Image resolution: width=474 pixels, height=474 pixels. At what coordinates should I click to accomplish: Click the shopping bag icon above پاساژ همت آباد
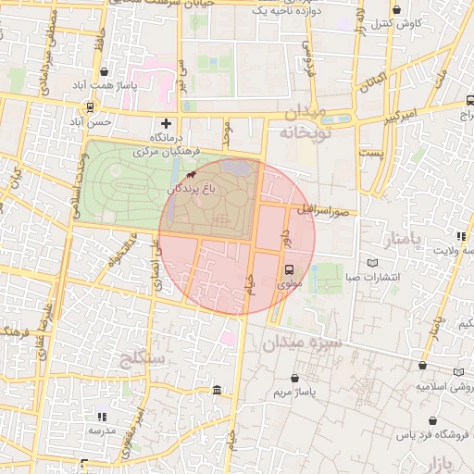[x=104, y=71]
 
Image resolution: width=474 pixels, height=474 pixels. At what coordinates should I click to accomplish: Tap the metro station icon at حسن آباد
[x=75, y=121]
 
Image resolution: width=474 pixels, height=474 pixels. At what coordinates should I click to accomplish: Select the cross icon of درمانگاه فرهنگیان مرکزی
[x=167, y=122]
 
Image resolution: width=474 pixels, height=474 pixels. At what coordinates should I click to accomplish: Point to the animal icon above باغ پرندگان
[x=191, y=174]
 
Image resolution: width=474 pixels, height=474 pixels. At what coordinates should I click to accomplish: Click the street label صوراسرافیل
[x=321, y=210]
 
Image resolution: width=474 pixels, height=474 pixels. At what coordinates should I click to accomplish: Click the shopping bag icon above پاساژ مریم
[x=294, y=379]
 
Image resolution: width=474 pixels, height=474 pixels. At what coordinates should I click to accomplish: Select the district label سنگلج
[x=142, y=356]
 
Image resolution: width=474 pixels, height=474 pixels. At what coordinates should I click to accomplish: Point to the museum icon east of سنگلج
[x=217, y=390]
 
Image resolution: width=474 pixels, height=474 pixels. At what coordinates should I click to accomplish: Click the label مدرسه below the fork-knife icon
[x=102, y=430]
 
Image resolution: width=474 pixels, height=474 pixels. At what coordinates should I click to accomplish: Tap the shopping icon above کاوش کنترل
[x=397, y=9]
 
